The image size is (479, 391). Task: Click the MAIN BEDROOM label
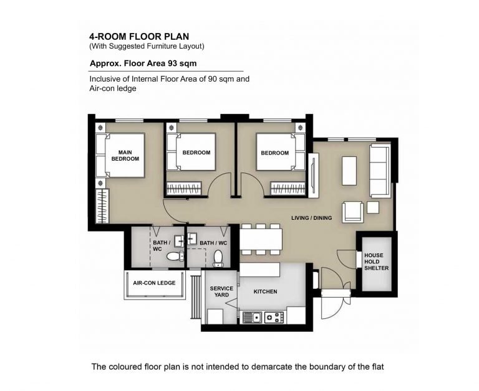(x=125, y=156)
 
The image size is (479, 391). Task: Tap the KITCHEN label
(x=266, y=291)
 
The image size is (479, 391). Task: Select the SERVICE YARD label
(x=221, y=291)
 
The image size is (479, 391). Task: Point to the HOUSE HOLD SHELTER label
(x=376, y=261)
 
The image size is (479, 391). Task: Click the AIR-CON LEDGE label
(x=154, y=283)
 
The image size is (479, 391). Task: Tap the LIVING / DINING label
(x=312, y=218)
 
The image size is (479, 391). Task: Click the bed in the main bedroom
(x=120, y=155)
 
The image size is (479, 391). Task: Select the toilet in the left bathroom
(x=175, y=256)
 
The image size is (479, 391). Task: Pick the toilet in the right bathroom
(x=218, y=258)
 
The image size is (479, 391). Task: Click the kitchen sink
(x=253, y=318)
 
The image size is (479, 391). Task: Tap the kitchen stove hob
(x=274, y=318)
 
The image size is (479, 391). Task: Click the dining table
(x=261, y=240)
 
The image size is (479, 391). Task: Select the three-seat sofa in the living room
(x=380, y=171)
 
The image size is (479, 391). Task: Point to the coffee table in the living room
(x=349, y=171)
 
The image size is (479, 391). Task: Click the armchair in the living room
(x=353, y=211)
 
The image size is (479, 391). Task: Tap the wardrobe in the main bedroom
(x=102, y=206)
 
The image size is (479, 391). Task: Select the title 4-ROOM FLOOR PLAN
(x=139, y=37)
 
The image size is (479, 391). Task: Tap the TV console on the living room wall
(x=314, y=176)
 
